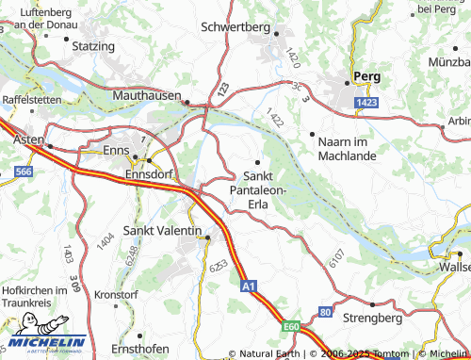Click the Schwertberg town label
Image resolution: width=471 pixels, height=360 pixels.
pos(235,27)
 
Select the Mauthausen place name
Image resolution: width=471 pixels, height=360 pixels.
pos(145,96)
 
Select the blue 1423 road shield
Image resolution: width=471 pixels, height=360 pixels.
pos(366,101)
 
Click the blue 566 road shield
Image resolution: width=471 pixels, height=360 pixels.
pos(23,172)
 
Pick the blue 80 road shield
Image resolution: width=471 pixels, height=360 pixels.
pos(325,310)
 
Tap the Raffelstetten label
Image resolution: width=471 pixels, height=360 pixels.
pos(31,99)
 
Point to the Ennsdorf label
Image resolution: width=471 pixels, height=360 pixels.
pos(148,173)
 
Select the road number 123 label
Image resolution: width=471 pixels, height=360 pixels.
pos(221,89)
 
